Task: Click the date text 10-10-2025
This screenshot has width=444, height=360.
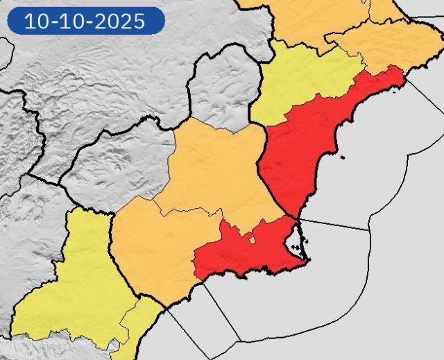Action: [85, 21]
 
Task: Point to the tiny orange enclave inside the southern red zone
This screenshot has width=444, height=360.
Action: [253, 241]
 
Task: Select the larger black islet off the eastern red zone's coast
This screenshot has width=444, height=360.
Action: [342, 157]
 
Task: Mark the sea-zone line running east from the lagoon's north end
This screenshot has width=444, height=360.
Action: [333, 223]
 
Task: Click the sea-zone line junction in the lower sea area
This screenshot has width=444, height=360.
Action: [240, 341]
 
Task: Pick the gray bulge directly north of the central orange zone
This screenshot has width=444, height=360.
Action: [222, 90]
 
